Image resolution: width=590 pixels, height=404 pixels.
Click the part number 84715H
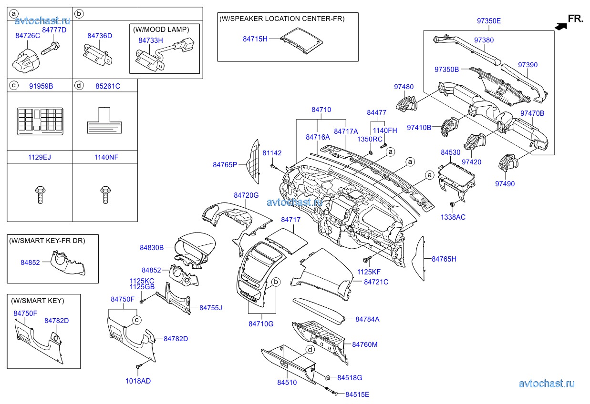(x=255, y=39)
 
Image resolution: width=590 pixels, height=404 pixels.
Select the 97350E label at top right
(x=489, y=21)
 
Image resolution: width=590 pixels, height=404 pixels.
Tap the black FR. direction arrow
(x=561, y=27)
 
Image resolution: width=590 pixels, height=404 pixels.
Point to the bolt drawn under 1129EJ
(x=40, y=195)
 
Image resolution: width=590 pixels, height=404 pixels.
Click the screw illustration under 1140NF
(x=105, y=195)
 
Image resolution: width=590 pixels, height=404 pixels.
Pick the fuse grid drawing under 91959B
(x=40, y=119)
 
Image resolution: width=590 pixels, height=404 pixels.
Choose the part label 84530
(x=450, y=152)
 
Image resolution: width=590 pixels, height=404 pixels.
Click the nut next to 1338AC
(x=452, y=204)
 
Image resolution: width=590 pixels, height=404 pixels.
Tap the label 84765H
(x=444, y=259)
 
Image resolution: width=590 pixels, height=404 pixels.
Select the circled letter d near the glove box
(x=310, y=350)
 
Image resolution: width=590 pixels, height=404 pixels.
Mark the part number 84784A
(x=367, y=319)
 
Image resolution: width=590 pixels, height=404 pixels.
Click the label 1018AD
(x=138, y=381)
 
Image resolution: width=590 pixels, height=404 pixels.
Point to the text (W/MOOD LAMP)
(x=164, y=29)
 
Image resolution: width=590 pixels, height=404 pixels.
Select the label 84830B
(x=152, y=248)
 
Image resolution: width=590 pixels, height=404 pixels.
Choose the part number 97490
(x=505, y=184)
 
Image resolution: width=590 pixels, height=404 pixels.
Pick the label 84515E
(x=357, y=394)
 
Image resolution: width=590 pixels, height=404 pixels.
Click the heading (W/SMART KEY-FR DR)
(x=47, y=241)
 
